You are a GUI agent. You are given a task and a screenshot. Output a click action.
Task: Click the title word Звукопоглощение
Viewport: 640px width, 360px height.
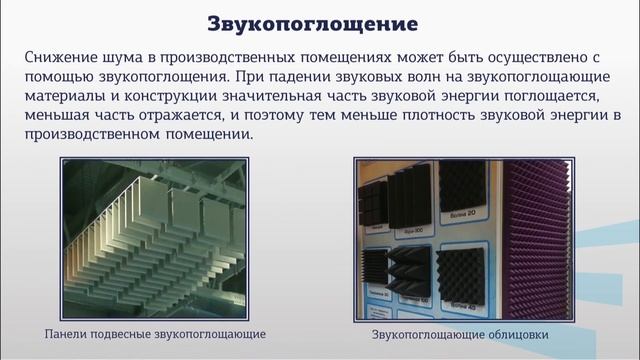(x=320, y=22)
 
